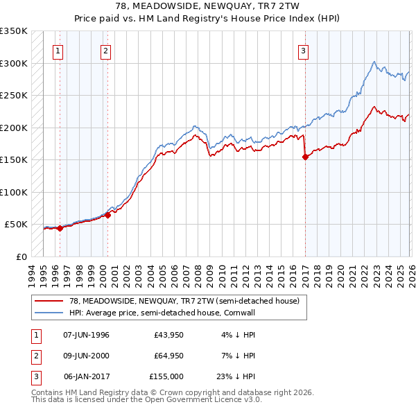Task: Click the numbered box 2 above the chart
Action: tap(105, 50)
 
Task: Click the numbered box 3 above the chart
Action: tap(304, 50)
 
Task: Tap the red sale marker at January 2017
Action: tap(305, 157)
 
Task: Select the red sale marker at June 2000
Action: tap(108, 215)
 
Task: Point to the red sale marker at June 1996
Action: tap(60, 228)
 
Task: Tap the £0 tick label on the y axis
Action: tap(20, 256)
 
